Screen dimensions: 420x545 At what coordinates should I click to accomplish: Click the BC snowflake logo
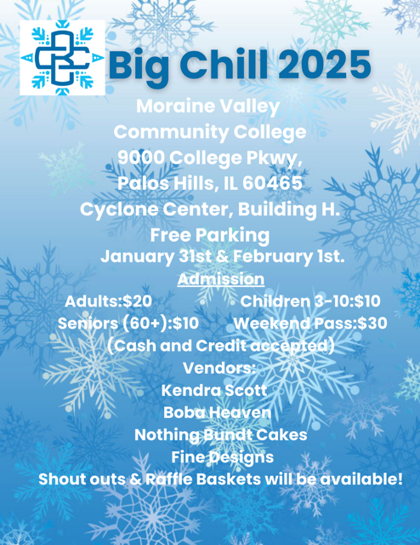pos(62,58)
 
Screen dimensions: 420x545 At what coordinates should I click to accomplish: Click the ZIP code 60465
pos(272,184)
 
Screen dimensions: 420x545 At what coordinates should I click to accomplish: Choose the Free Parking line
pos(210,236)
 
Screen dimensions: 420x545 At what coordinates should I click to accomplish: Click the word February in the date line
pos(272,257)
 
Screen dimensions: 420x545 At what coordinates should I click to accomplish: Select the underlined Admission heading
pos(221,279)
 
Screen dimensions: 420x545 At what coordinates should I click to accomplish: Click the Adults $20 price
pos(108,301)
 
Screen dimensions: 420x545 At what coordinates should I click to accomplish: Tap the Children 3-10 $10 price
pos(310,301)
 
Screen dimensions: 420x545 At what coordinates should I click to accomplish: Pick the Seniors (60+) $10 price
pos(128,324)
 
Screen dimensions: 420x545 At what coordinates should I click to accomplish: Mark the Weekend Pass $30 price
pos(310,324)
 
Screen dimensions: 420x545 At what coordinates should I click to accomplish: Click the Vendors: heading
pos(219,368)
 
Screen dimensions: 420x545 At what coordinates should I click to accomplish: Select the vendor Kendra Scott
pos(214,390)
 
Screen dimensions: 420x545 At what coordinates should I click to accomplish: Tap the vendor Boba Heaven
pos(218,412)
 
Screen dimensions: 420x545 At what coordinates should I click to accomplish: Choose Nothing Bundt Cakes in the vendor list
pos(221,435)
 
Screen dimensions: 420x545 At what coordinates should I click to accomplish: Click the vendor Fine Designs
pos(223,457)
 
